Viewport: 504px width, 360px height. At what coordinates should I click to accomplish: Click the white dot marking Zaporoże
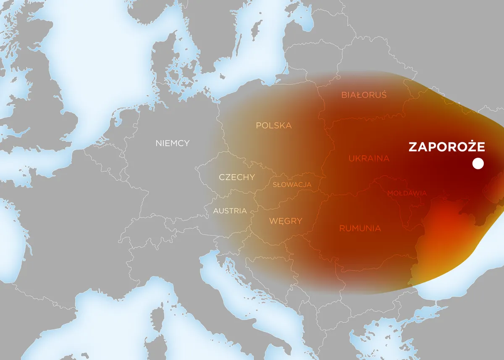click(x=478, y=164)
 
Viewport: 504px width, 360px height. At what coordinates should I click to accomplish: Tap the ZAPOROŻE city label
click(x=446, y=147)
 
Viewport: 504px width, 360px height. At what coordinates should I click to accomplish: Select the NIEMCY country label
click(x=172, y=143)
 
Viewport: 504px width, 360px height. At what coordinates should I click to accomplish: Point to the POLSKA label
click(x=274, y=126)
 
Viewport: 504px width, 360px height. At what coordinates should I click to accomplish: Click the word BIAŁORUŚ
click(x=364, y=95)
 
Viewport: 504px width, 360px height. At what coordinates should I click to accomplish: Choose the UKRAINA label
click(x=369, y=158)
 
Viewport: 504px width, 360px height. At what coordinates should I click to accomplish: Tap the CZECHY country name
click(x=236, y=177)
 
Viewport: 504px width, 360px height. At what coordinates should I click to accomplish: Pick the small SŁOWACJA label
click(x=292, y=184)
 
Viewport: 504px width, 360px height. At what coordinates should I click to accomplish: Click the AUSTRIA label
click(x=230, y=211)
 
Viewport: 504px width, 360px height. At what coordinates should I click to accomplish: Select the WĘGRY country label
click(x=286, y=221)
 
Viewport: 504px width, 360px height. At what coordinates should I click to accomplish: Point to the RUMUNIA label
click(x=360, y=229)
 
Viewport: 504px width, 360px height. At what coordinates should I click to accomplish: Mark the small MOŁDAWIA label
click(x=407, y=193)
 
